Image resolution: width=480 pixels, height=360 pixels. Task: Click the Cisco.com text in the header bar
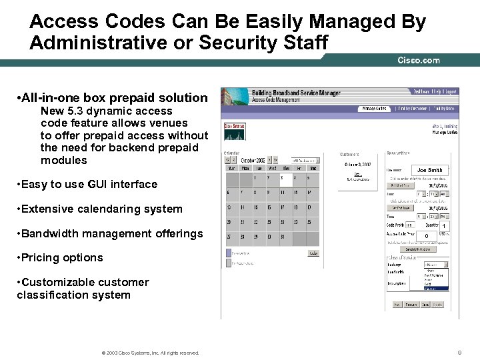click(419, 60)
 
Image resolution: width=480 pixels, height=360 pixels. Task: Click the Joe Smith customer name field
click(430, 170)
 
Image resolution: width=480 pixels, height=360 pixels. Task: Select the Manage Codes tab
click(373, 108)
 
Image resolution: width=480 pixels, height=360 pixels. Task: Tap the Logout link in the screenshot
click(451, 91)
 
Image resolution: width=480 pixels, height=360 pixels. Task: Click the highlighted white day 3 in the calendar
click(282, 178)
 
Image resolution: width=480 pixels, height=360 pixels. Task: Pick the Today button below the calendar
click(313, 253)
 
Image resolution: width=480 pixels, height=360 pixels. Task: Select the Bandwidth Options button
click(418, 249)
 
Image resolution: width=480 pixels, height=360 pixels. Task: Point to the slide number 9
click(459, 352)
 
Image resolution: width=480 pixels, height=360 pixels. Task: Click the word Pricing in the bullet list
click(40, 258)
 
